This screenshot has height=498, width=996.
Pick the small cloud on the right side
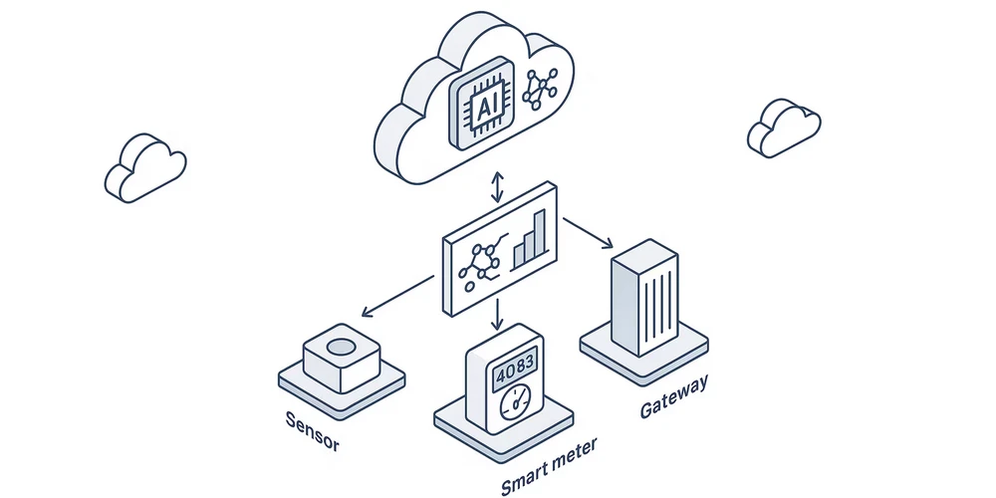coord(784,127)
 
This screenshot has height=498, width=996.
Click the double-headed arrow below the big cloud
coord(498,186)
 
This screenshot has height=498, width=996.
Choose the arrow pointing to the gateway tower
coord(588,231)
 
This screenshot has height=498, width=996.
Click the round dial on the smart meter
coord(516,403)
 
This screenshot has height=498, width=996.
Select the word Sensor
coord(312,431)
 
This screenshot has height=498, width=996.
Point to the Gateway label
coord(674,396)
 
